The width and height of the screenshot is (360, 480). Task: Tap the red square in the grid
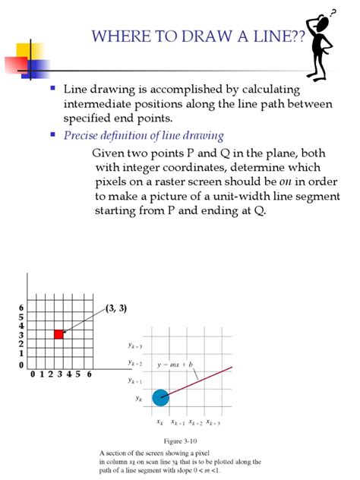58,334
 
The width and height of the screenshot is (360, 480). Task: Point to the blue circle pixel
160,396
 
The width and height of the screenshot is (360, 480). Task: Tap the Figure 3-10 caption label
181,441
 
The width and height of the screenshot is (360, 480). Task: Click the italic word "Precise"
82,135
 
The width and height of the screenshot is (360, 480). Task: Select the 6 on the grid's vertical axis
21,307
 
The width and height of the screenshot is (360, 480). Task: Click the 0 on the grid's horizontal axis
32,374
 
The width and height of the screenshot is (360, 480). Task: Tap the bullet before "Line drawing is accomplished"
53,88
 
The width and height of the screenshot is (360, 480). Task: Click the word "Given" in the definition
109,152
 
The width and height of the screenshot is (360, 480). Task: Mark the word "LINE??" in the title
276,36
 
